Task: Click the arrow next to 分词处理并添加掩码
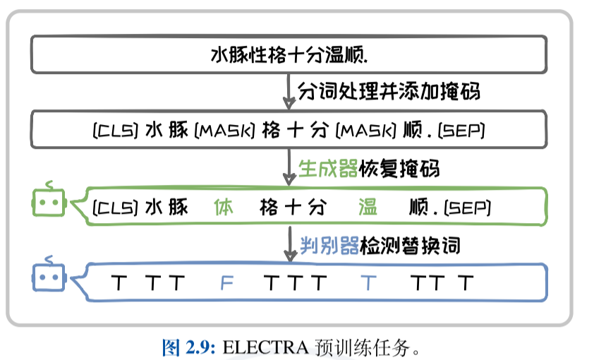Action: click(289, 90)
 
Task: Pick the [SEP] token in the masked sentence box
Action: click(459, 131)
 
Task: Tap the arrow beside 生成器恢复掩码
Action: click(289, 169)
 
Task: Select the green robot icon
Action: click(48, 203)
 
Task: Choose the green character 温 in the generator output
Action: click(368, 208)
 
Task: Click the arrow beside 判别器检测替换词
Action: click(289, 246)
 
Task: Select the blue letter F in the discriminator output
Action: click(226, 284)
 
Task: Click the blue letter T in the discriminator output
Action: click(368, 284)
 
